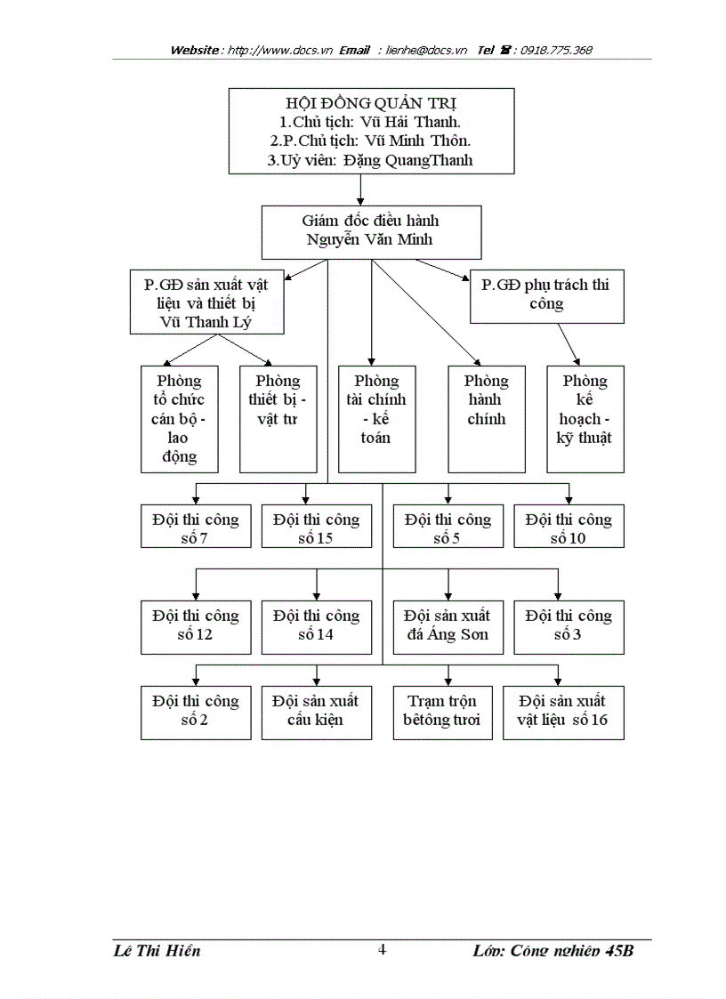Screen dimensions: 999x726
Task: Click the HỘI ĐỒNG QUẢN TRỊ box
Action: pyautogui.click(x=371, y=131)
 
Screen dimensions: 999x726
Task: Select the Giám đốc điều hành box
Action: pyautogui.click(x=371, y=231)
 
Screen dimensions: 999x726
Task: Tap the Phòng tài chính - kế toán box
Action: pyautogui.click(x=376, y=418)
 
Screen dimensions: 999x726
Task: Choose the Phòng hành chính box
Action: pyautogui.click(x=486, y=418)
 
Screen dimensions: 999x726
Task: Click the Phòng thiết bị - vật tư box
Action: pyautogui.click(x=278, y=418)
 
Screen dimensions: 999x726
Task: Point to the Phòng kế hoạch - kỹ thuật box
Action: pyautogui.click(x=585, y=418)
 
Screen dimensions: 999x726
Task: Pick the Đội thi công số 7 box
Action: pyautogui.click(x=196, y=527)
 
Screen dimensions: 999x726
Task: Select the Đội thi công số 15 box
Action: pyautogui.click(x=317, y=527)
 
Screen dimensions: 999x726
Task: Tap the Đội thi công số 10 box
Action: pyautogui.click(x=569, y=527)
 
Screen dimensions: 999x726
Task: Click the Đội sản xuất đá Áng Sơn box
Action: pyautogui.click(x=448, y=626)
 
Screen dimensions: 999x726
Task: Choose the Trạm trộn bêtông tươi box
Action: pyautogui.click(x=441, y=712)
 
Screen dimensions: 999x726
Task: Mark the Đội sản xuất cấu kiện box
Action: pyautogui.click(x=317, y=712)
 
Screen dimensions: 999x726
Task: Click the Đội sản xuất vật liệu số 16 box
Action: pyautogui.click(x=562, y=712)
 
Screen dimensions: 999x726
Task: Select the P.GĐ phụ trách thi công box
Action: pyautogui.click(x=546, y=296)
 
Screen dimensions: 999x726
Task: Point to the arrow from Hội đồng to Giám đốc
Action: pyautogui.click(x=360, y=189)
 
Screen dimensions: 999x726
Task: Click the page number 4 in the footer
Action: pyautogui.click(x=383, y=949)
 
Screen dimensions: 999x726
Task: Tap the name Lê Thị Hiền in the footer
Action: pyautogui.click(x=157, y=951)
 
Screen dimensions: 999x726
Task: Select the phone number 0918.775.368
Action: pyautogui.click(x=557, y=51)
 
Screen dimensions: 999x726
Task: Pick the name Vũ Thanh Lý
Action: pyautogui.click(x=206, y=322)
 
